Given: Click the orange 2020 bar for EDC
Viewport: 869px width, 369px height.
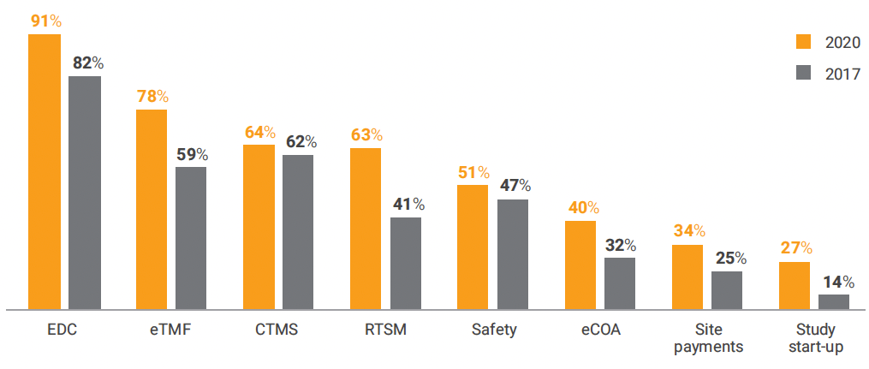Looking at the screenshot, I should [45, 171].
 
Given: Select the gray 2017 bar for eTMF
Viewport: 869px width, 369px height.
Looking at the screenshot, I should [191, 237].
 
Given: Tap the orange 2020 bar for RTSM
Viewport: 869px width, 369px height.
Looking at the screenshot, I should [366, 228].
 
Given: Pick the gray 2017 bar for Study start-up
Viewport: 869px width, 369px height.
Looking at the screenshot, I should [834, 301].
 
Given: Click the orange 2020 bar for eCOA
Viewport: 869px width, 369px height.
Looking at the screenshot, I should [580, 265].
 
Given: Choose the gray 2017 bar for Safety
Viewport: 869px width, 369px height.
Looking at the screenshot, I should [513, 253].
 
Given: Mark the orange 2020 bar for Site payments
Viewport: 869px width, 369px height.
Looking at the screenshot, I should [687, 277].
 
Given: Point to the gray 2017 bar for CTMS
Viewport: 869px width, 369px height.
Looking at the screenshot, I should [298, 231].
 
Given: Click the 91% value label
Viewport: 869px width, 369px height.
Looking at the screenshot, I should [45, 20].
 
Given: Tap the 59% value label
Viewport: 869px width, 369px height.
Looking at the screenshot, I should [191, 155].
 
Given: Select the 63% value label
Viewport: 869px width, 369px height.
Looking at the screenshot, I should [366, 135].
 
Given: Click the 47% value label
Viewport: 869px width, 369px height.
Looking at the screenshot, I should [514, 186].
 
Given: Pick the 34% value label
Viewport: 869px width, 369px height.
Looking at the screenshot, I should [688, 231].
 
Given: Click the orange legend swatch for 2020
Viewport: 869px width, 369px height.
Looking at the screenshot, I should [802, 43].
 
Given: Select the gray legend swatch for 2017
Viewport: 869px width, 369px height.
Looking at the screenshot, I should [802, 74].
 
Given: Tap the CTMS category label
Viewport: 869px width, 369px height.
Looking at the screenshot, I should [277, 330].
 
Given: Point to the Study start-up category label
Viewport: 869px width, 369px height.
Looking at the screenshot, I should [814, 338].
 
